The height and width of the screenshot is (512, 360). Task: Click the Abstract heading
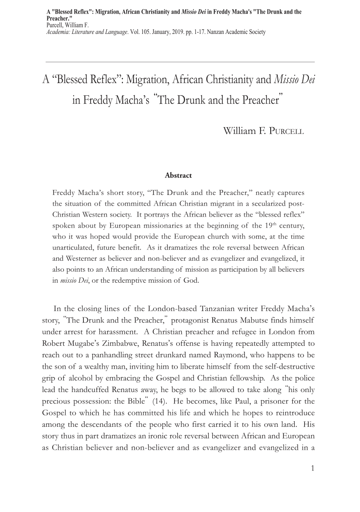click(178, 175)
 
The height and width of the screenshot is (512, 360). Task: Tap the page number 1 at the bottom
click(312, 468)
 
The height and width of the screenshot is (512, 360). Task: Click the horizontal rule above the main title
click(180, 61)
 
